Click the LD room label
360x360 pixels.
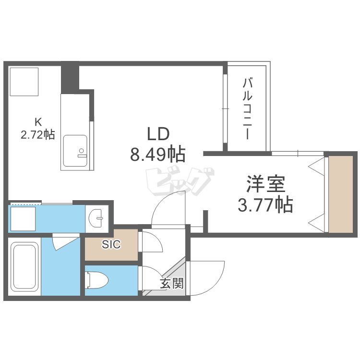(158, 134)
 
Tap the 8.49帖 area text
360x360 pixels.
(158, 154)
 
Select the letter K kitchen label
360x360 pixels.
(38, 122)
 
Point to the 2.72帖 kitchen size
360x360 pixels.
(38, 134)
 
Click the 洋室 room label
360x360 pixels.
(265, 184)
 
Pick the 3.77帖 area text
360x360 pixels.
(265, 204)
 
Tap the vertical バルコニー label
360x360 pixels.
(248, 108)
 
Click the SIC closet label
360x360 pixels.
(111, 244)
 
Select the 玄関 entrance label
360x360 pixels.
(172, 283)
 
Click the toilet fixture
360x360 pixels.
(96, 280)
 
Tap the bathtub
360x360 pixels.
(24, 266)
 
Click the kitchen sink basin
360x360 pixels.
(75, 151)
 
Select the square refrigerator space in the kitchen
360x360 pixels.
(24, 82)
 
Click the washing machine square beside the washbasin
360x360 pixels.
(23, 219)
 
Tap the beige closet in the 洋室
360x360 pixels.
(341, 194)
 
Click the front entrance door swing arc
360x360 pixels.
(214, 284)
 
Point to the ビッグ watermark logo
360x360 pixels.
(180, 181)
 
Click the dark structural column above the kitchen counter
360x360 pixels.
(70, 77)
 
